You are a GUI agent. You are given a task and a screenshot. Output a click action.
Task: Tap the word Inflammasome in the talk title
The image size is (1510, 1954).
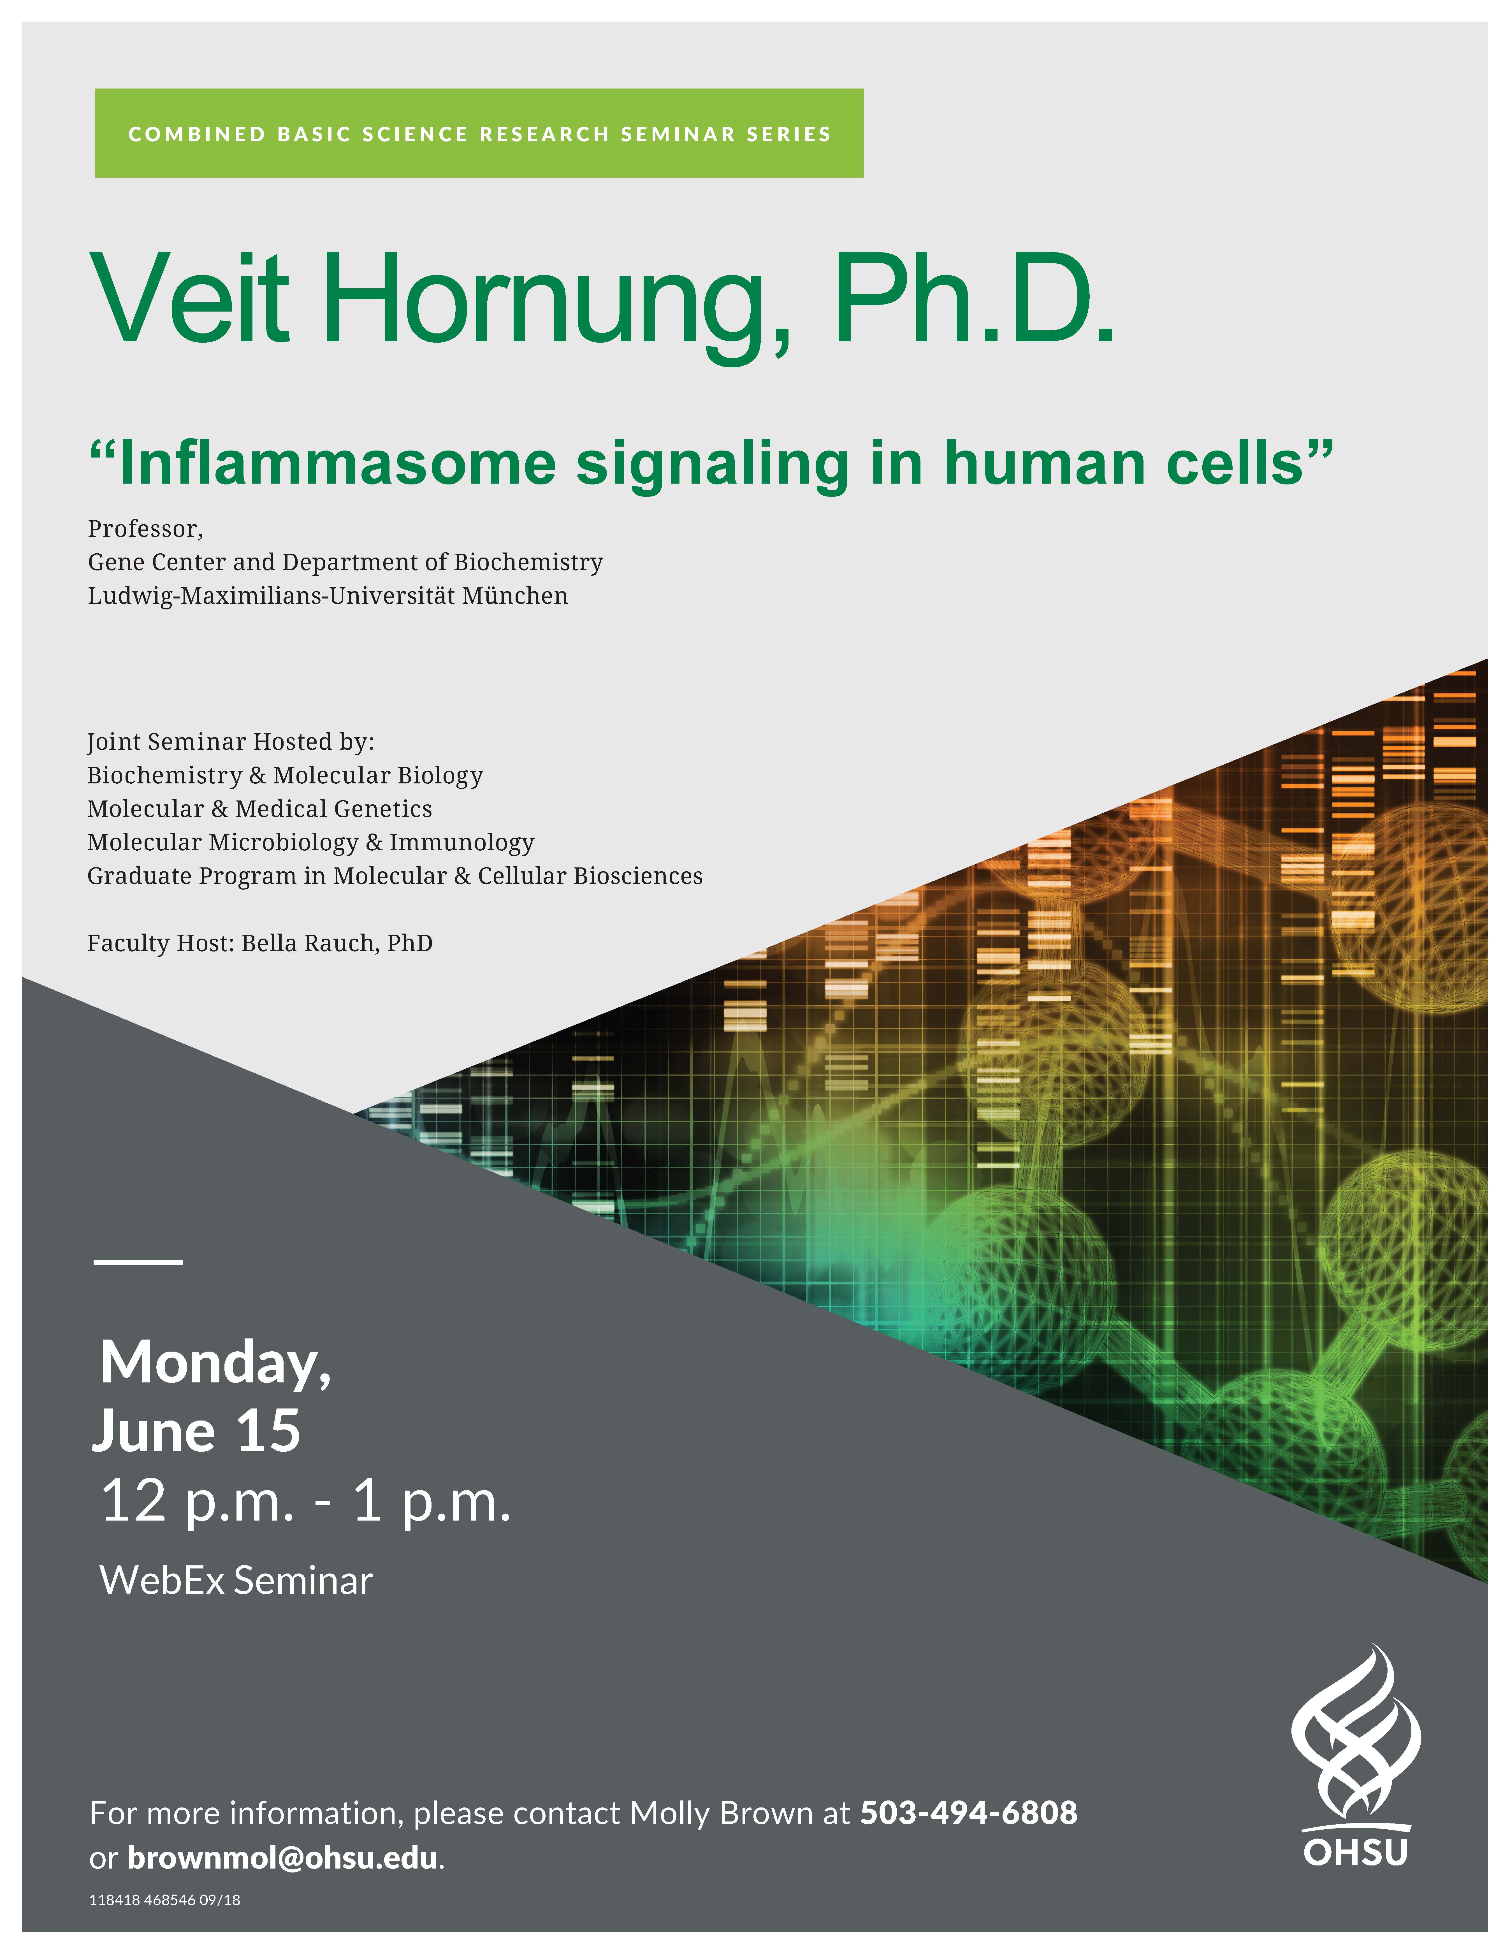[338, 463]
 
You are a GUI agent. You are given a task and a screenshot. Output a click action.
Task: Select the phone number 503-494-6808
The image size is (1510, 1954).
[969, 1813]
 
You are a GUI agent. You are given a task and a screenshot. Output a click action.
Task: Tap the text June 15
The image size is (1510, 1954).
[196, 1432]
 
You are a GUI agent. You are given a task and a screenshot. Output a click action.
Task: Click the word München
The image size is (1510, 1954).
[514, 596]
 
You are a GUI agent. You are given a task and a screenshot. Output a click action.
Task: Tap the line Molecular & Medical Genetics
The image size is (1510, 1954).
[259, 809]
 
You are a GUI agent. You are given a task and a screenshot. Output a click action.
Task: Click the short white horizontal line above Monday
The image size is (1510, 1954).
[138, 1261]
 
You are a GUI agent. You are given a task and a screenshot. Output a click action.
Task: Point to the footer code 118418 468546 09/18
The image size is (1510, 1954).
[164, 1899]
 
